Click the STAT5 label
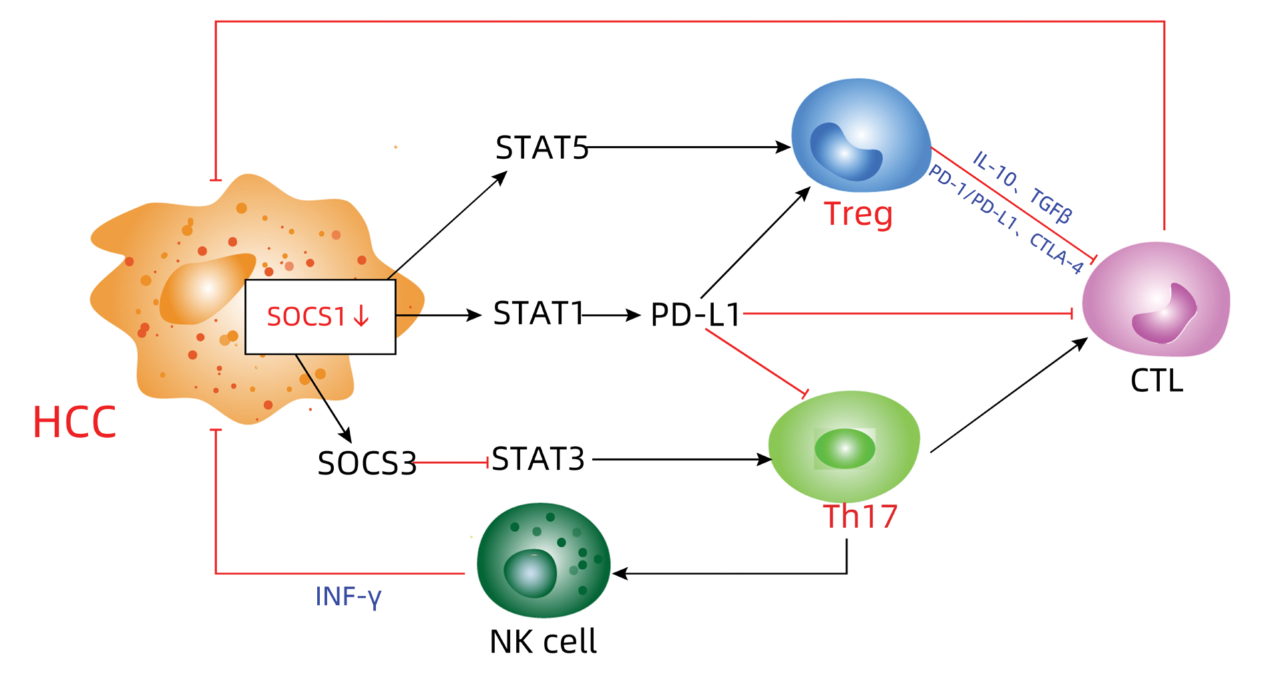point(542,148)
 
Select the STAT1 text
point(538,314)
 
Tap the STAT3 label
point(538,459)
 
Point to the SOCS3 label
point(367,463)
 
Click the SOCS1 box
point(320,316)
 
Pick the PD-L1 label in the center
point(696,315)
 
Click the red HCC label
point(74,422)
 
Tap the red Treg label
point(858,214)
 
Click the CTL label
point(1156,381)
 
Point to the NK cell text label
point(543,642)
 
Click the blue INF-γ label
point(348,597)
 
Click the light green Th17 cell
point(844,446)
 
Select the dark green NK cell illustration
point(544,559)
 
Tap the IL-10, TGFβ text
point(1022,187)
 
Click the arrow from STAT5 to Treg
point(688,147)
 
